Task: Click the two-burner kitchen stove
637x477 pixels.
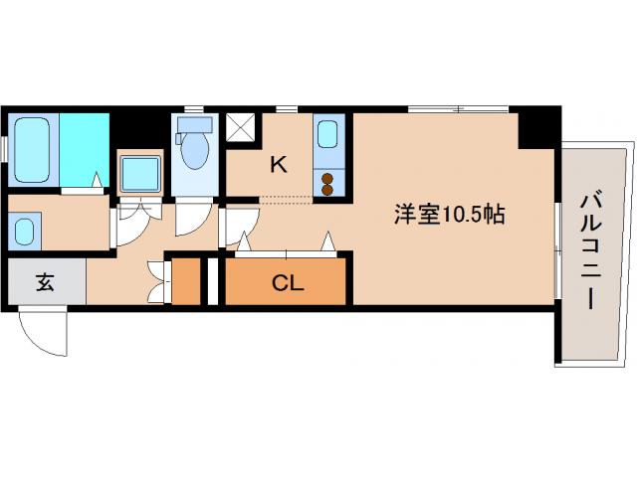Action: (x=328, y=184)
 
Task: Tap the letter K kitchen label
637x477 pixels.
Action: (x=279, y=165)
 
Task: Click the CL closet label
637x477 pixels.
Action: (x=288, y=283)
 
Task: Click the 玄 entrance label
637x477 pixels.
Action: (x=46, y=282)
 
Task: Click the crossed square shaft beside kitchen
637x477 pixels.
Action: (x=241, y=127)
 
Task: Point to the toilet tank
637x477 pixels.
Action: (x=195, y=124)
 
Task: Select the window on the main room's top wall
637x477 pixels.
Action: (x=458, y=107)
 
